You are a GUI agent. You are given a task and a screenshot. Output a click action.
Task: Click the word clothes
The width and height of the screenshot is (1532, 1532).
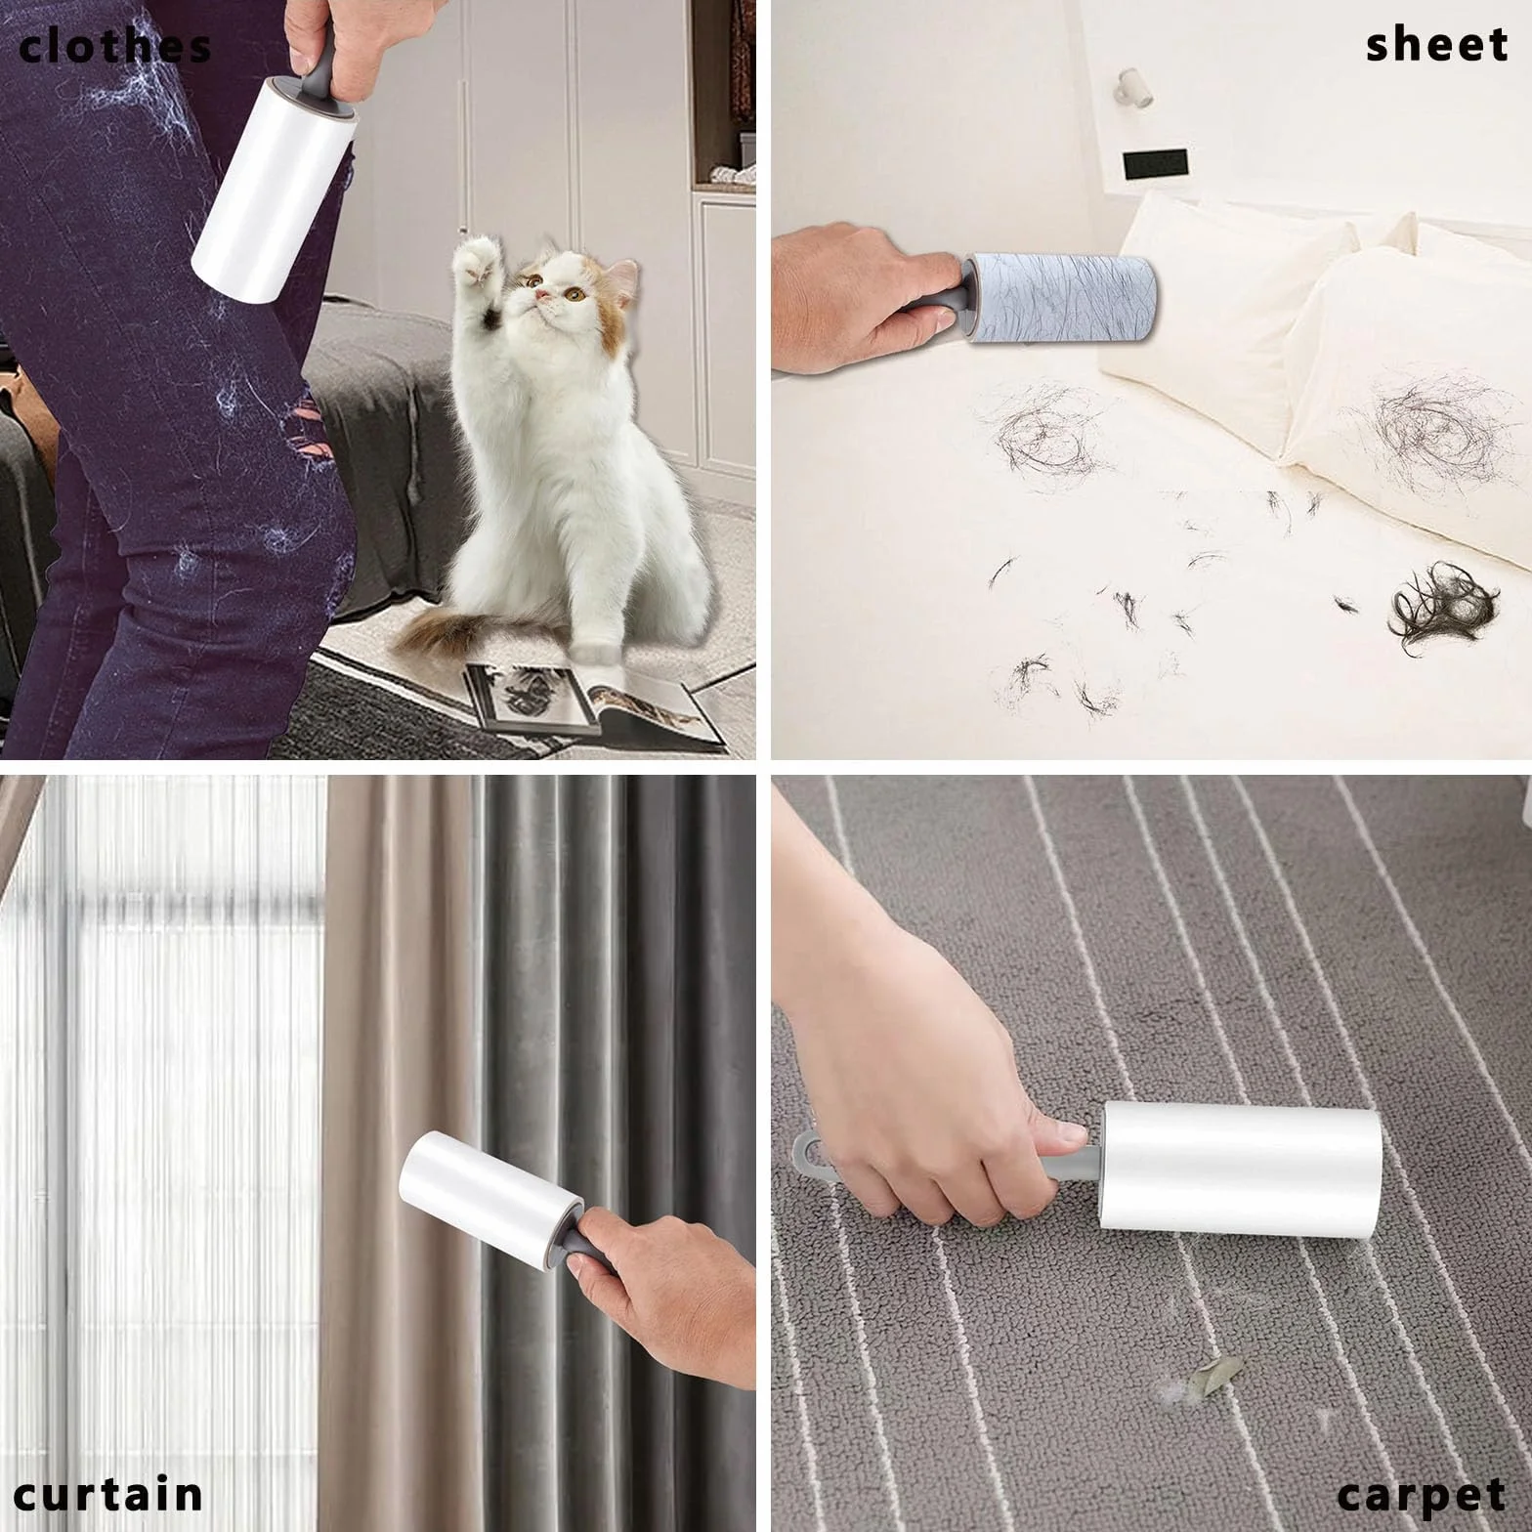pos(115,46)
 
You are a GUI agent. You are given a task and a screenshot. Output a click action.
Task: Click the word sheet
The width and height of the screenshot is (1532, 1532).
pos(1437,45)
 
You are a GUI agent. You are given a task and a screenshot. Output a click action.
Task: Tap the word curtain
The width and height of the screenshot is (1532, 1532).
pos(108,1494)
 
